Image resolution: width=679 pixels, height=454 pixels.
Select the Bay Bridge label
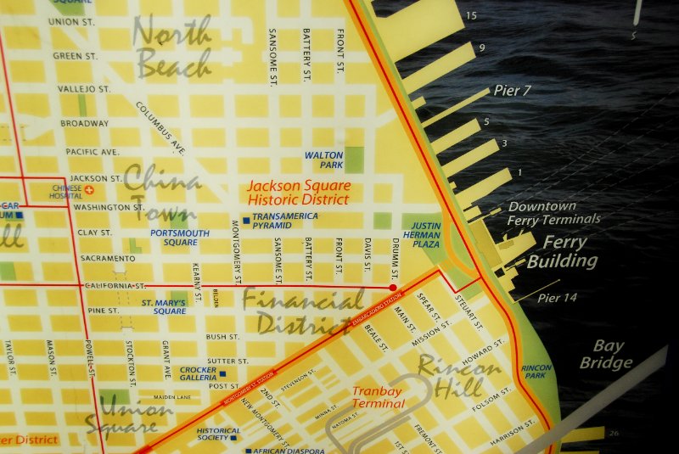pyautogui.click(x=606, y=355)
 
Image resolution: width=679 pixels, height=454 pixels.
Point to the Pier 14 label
pyautogui.click(x=557, y=298)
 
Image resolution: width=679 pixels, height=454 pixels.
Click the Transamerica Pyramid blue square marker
pyautogui.click(x=245, y=219)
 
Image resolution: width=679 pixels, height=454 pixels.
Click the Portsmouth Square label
pyautogui.click(x=179, y=237)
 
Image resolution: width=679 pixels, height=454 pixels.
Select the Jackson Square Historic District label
pyautogui.click(x=297, y=192)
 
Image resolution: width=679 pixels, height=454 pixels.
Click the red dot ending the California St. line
pyautogui.click(x=391, y=289)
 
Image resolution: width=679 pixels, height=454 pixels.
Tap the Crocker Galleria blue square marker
pyautogui.click(x=222, y=374)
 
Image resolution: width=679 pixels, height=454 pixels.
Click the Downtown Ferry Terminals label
pyautogui.click(x=553, y=213)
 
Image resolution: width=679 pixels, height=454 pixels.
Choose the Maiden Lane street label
pyautogui.click(x=171, y=396)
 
